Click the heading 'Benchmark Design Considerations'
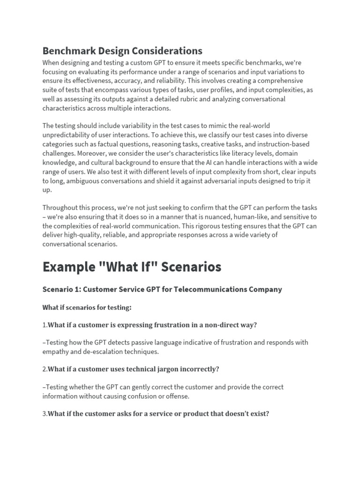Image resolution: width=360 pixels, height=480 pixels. pos(122,51)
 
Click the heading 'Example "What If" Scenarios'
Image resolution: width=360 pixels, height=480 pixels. pos(132,267)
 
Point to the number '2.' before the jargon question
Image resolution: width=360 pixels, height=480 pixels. pos(45,369)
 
